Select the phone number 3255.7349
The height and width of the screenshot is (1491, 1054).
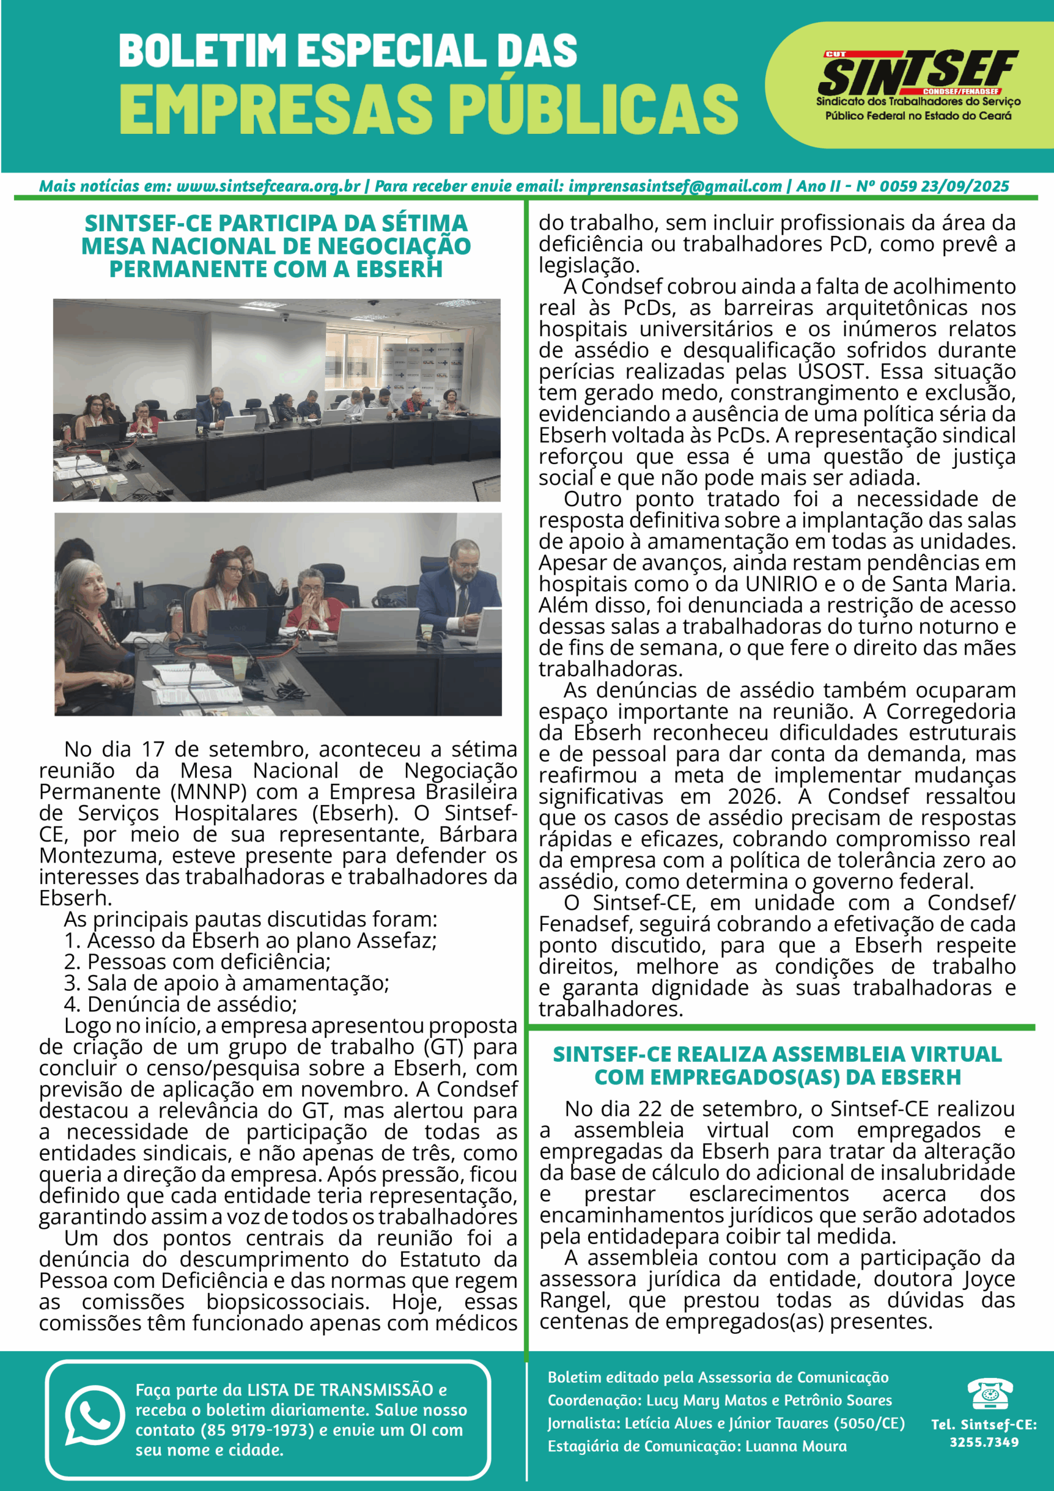984,1442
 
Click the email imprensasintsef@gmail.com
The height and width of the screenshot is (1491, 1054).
675,186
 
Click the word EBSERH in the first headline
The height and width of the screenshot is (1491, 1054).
399,269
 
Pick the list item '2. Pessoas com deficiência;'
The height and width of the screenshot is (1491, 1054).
197,962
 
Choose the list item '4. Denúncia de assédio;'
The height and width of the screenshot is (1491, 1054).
180,1004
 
